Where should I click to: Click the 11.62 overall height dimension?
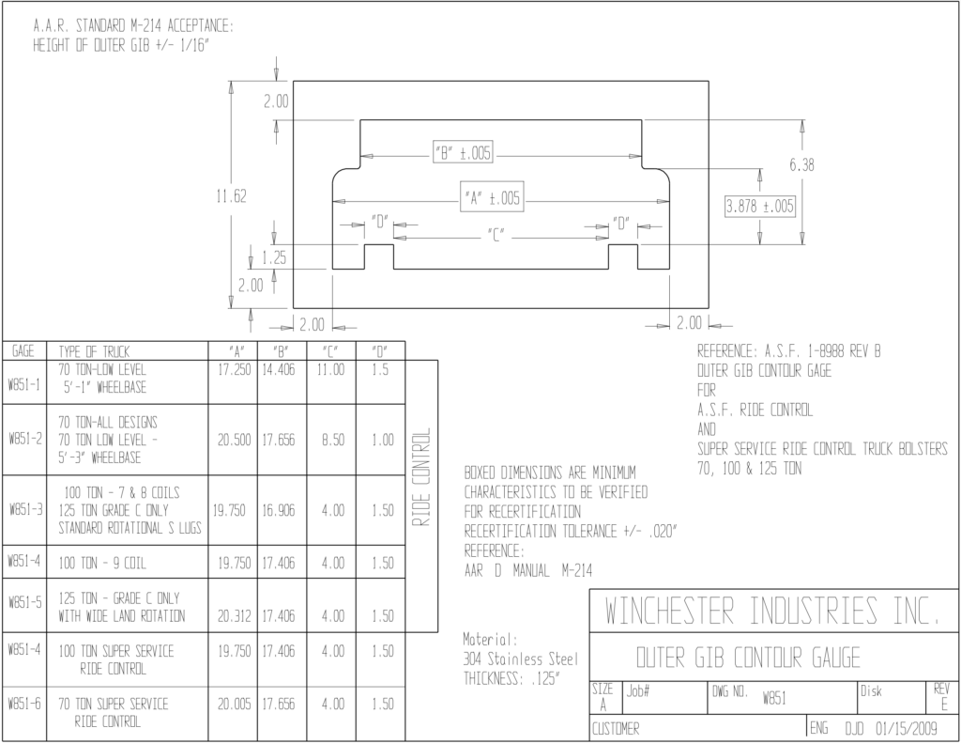click(x=231, y=196)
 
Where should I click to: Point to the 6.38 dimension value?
click(x=801, y=165)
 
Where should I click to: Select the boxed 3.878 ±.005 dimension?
click(x=760, y=206)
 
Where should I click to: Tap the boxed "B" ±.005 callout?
click(x=464, y=153)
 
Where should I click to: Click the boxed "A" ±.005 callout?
click(x=492, y=197)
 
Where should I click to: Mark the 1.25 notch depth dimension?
click(x=274, y=257)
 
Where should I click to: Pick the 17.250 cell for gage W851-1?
click(x=235, y=370)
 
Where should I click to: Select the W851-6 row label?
click(x=24, y=704)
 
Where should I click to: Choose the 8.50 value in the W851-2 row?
click(x=333, y=440)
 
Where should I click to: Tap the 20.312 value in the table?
click(x=234, y=616)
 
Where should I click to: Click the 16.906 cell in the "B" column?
click(x=278, y=510)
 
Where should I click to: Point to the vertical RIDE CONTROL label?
click(x=421, y=476)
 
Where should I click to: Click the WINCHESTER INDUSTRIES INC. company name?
click(x=772, y=611)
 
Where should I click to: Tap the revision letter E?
click(x=944, y=705)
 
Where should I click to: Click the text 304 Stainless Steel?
click(x=520, y=659)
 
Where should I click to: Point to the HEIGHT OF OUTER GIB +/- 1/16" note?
click(x=121, y=45)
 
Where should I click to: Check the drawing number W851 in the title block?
click(x=774, y=698)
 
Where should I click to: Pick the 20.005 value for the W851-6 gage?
click(x=234, y=704)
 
